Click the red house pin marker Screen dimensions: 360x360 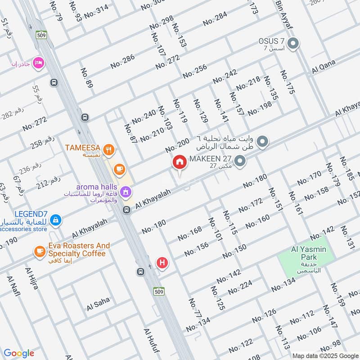(180, 162)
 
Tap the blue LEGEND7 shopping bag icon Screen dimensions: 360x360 (55, 219)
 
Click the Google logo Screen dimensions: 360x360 (19, 353)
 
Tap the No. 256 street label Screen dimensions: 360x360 (194, 72)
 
